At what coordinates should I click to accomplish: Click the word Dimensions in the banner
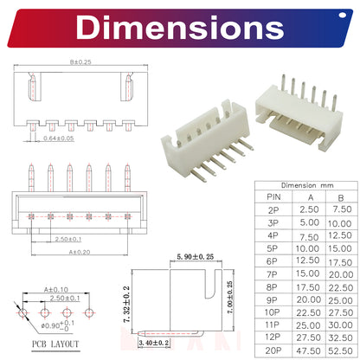[180, 28]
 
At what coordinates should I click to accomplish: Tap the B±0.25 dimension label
[80, 62]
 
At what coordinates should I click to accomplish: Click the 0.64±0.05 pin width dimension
[59, 138]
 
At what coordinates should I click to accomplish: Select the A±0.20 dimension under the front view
[80, 252]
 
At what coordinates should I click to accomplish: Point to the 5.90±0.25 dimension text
[196, 256]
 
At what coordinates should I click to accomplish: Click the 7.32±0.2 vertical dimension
[126, 305]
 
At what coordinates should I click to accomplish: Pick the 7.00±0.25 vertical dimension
[229, 298]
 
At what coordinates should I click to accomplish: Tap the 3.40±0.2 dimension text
[154, 343]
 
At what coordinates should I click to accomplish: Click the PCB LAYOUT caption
[55, 344]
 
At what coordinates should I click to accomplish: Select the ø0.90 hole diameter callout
[57, 325]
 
